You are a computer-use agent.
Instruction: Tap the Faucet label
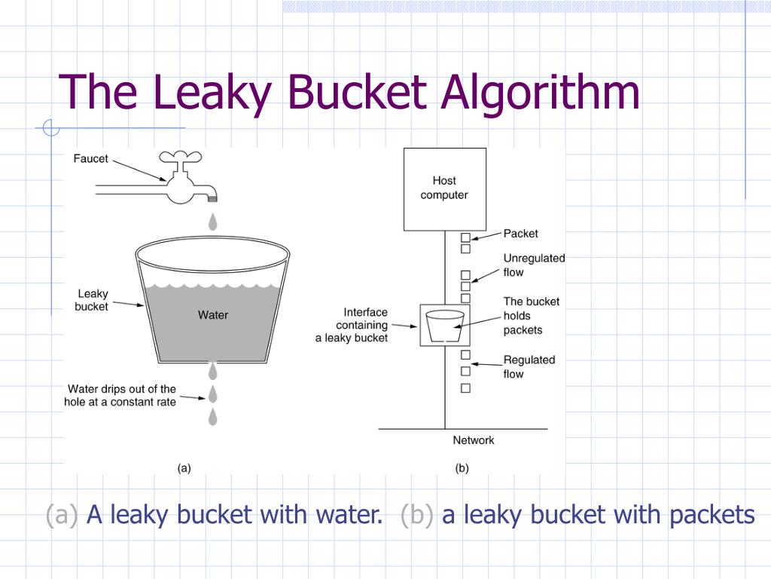[90, 158]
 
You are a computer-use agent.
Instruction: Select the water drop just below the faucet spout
[213, 222]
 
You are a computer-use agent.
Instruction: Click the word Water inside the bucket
[213, 314]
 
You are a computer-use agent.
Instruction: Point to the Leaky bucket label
[92, 300]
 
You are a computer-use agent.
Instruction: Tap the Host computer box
[444, 188]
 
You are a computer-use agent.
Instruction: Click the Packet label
[520, 234]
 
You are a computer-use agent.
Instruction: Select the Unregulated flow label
[534, 265]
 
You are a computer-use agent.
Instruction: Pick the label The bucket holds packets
[532, 315]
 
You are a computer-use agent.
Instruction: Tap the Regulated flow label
[529, 366]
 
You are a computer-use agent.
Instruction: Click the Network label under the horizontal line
[474, 440]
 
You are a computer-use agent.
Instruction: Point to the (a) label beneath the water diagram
[184, 467]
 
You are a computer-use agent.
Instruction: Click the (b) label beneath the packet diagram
[462, 467]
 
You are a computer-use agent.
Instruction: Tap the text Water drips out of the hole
[120, 395]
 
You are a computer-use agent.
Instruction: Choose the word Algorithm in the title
[541, 93]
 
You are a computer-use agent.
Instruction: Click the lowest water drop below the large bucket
[213, 416]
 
